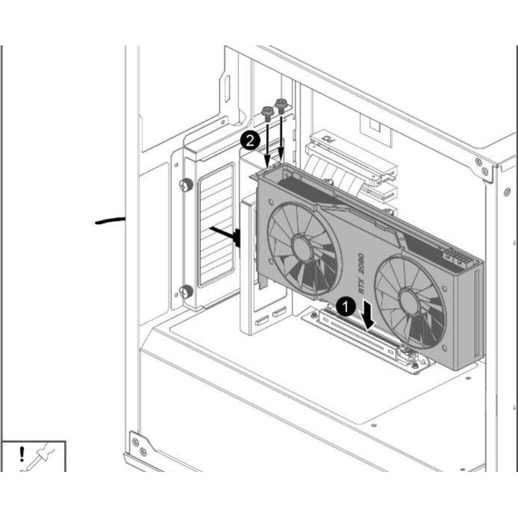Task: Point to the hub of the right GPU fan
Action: click(409, 301)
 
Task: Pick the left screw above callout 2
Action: click(267, 114)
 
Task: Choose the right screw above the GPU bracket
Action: click(281, 104)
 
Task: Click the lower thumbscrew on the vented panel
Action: click(186, 291)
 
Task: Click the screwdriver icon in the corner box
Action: click(40, 458)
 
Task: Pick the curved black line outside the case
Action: click(110, 221)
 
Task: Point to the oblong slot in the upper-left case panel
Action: click(227, 91)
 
